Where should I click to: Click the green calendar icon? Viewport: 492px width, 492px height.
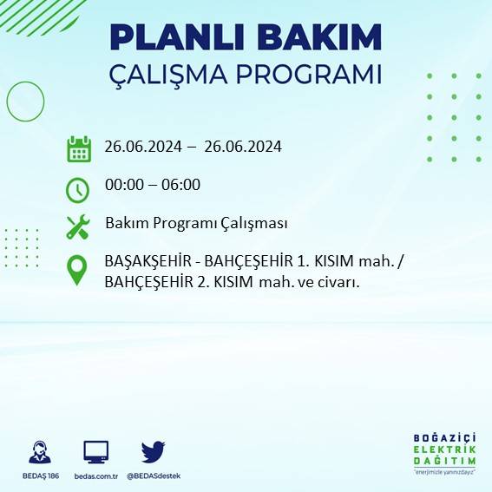point(79,148)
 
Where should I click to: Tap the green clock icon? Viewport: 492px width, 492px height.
point(78,188)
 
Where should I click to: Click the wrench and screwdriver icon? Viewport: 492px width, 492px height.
point(78,227)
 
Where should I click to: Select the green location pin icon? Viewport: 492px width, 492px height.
point(78,269)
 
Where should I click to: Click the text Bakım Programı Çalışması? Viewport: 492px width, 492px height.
point(196,224)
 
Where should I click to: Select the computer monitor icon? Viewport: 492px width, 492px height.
point(95,452)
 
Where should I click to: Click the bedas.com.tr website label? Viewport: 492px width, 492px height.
point(95,476)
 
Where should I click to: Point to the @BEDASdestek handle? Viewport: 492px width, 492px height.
point(154,476)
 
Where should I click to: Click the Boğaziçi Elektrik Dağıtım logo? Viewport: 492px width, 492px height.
point(445,454)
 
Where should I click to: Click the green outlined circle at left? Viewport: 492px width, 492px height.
point(25,102)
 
